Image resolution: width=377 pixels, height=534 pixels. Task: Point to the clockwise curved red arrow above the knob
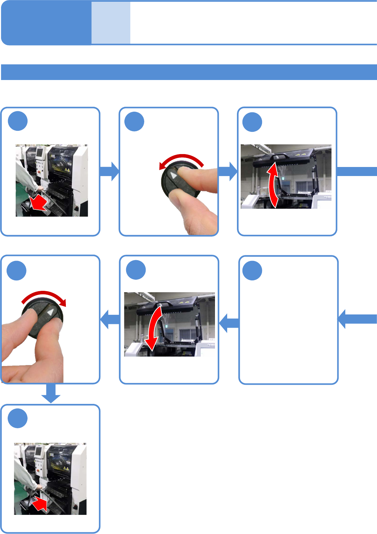point(44,296)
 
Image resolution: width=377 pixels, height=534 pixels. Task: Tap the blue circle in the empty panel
point(252,270)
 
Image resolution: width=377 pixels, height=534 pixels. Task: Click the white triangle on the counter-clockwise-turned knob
point(174,175)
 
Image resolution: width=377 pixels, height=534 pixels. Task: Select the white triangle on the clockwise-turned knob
point(51,312)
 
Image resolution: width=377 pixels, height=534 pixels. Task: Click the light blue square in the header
point(111,23)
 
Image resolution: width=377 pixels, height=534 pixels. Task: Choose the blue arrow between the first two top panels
point(109,171)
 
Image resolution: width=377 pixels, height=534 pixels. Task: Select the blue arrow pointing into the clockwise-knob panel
point(109,319)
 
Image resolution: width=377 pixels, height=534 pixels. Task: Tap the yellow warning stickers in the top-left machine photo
point(66,170)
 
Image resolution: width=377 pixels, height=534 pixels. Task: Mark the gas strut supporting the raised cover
point(314,179)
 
